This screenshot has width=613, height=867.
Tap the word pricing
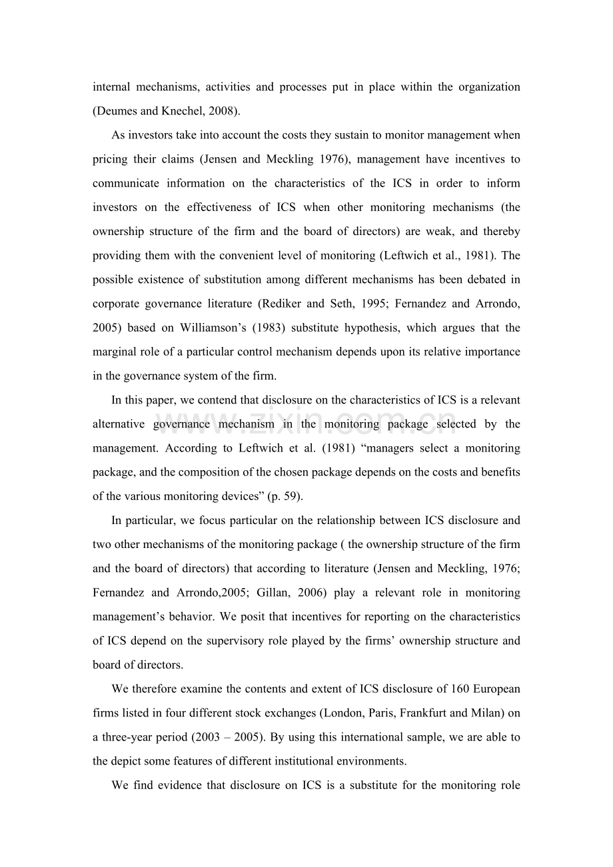pos(110,159)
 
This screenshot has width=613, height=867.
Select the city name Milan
pos(484,713)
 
